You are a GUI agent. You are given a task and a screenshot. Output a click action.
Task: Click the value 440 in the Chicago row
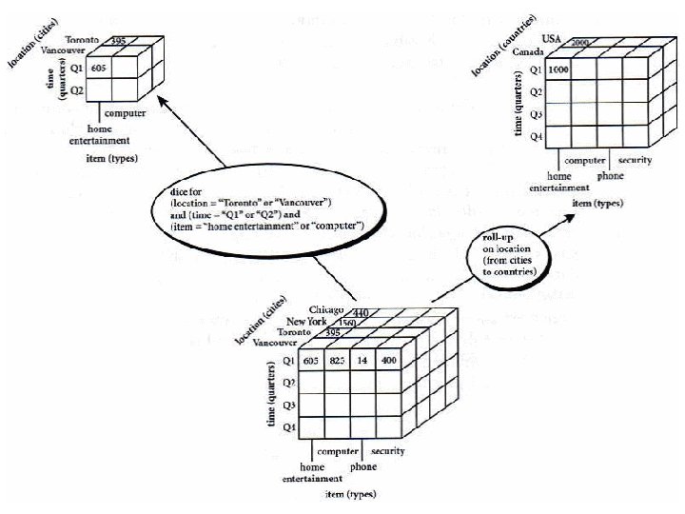[361, 312]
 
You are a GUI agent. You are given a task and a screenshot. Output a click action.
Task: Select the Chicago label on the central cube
[325, 310]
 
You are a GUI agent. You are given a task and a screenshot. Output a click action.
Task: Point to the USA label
[552, 37]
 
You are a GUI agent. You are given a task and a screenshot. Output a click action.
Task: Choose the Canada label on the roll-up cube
[528, 52]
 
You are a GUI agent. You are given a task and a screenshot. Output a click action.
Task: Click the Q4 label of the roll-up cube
[536, 135]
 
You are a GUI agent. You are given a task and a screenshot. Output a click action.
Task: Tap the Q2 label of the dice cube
[77, 90]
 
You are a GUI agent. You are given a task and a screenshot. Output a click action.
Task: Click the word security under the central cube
[389, 450]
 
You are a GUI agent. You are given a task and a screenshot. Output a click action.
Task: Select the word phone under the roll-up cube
[610, 176]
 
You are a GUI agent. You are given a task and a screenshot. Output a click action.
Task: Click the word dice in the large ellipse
[178, 192]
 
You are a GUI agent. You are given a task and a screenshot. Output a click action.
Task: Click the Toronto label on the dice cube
[83, 40]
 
